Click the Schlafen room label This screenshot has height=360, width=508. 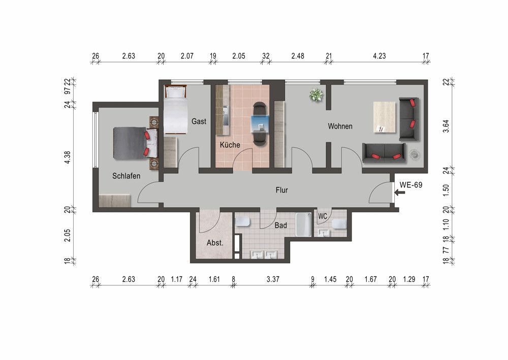tap(126, 176)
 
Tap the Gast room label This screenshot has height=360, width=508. tap(199, 121)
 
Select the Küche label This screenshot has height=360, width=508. tap(230, 144)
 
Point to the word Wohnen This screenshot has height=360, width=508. tap(340, 126)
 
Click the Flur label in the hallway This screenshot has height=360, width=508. tap(281, 190)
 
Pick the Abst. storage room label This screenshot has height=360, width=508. tap(215, 243)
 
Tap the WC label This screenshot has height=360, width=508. tap(323, 216)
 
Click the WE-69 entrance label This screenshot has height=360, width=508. tap(411, 185)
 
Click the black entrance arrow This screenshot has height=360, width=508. tap(400, 192)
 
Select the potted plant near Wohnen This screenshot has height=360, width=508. tap(316, 95)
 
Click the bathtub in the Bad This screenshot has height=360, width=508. tap(304, 224)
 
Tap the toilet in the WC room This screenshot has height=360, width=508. tap(339, 224)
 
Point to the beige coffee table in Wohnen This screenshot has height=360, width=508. tap(385, 117)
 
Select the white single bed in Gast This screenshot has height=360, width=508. tap(176, 109)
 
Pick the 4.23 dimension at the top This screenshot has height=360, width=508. tap(379, 56)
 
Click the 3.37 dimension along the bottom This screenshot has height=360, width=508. tap(273, 279)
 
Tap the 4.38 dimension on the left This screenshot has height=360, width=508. tap(68, 157)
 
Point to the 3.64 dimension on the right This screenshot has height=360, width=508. tap(446, 126)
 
